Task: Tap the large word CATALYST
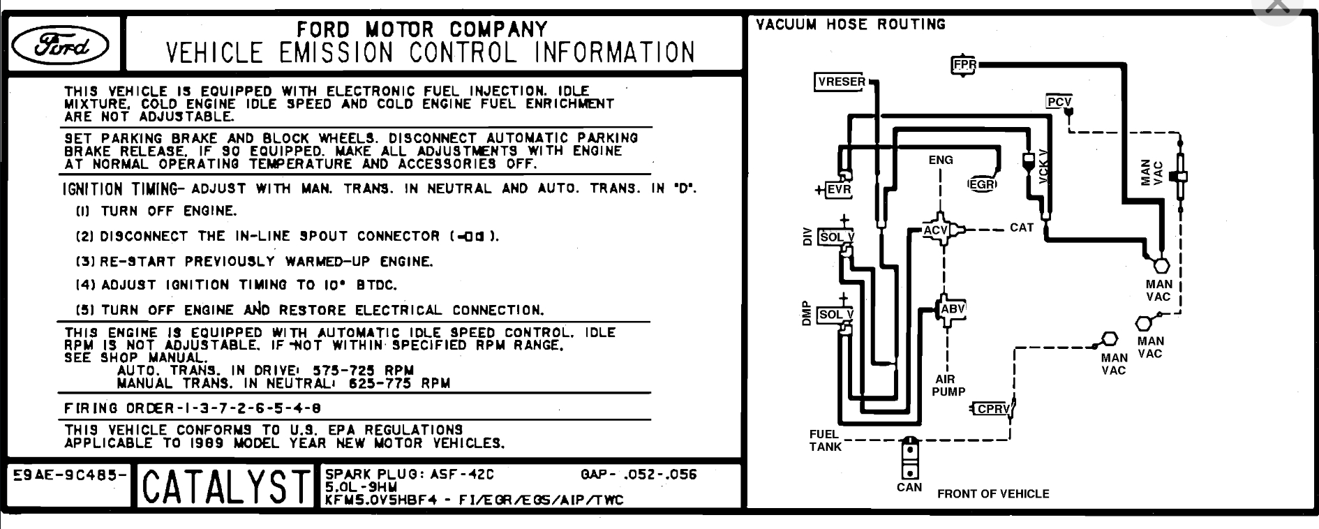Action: pos(225,487)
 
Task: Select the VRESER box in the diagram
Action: pos(841,82)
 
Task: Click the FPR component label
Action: pos(964,65)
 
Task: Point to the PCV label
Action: pos(1059,102)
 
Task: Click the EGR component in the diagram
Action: pos(981,185)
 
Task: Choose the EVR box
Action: pos(838,190)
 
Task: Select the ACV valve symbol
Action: pos(936,230)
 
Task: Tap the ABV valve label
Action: pos(952,309)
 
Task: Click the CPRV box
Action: pos(993,409)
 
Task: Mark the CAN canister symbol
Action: pos(909,457)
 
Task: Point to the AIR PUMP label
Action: pos(948,385)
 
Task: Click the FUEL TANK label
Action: pos(825,440)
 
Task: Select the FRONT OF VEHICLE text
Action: pos(992,494)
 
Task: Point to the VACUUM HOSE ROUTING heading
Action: pos(850,24)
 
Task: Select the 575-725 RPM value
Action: pos(363,371)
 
